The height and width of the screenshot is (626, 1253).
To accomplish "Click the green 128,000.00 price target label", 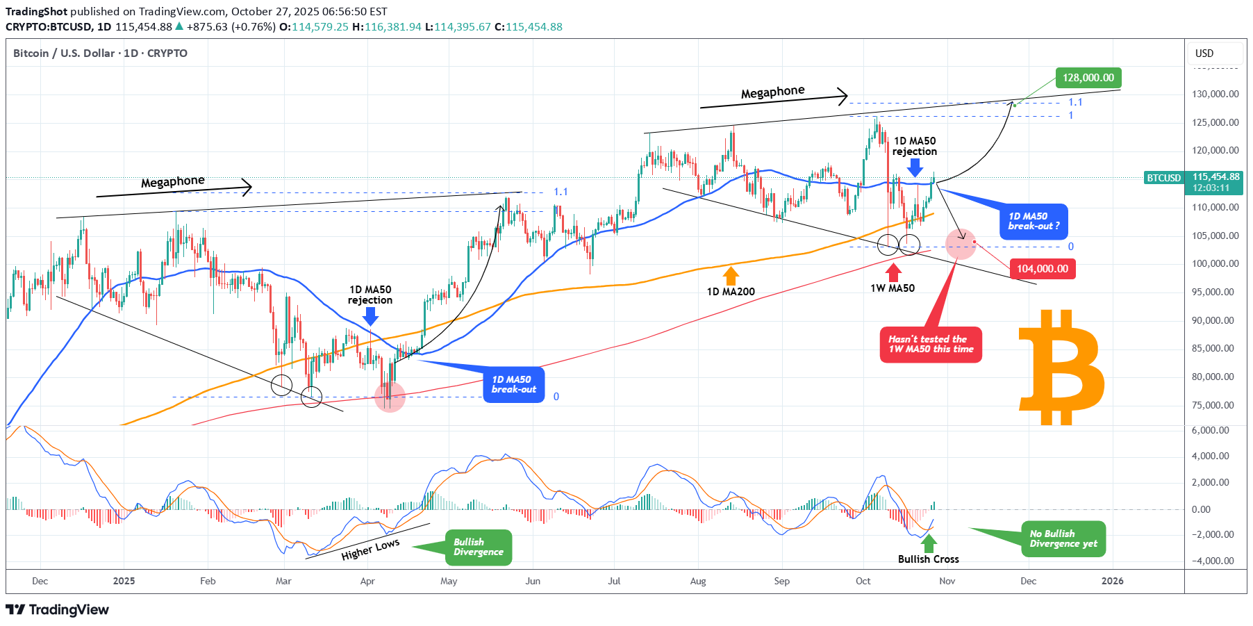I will [x=1088, y=78].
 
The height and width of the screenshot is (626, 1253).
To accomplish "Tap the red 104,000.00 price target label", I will [x=1042, y=269].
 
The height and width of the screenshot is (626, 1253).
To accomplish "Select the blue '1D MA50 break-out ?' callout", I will [x=1034, y=221].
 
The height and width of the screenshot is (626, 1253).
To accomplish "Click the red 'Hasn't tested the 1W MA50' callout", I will [x=931, y=345].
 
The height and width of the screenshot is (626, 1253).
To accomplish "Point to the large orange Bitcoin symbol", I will [x=1061, y=368].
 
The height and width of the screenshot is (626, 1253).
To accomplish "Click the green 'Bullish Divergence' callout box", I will [x=478, y=547].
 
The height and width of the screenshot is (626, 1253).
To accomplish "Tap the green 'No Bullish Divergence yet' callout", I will [x=1063, y=539].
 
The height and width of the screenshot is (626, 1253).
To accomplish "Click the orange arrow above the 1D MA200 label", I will [x=730, y=276].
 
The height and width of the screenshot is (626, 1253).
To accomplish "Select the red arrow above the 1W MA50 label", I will [x=893, y=272].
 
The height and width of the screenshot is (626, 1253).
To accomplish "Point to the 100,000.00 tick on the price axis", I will [x=1215, y=264].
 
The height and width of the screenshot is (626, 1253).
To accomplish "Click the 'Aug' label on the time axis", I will [x=697, y=582].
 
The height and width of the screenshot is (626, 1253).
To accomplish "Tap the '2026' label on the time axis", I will [x=1112, y=582].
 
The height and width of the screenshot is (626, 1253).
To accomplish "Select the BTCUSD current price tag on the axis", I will [x=1164, y=179].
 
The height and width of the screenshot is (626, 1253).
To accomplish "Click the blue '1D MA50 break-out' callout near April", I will [x=514, y=385].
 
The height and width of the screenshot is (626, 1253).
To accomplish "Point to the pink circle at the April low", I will [x=390, y=397].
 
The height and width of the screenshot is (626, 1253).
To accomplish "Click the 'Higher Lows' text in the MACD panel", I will [x=370, y=550].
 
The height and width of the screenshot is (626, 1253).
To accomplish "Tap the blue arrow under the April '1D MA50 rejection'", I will [x=370, y=317].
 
